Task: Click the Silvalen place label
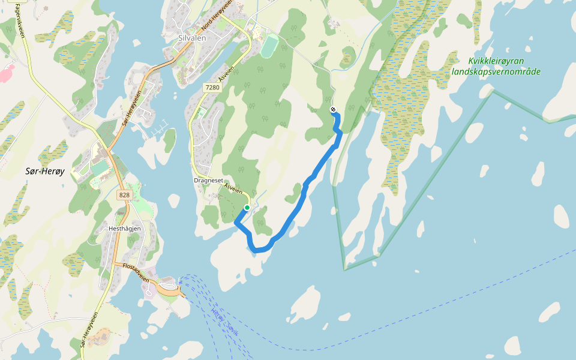pyautogui.click(x=193, y=37)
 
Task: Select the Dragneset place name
pyautogui.click(x=208, y=180)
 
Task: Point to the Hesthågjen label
pyautogui.click(x=125, y=229)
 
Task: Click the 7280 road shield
pyautogui.click(x=212, y=88)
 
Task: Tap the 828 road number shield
pyautogui.click(x=124, y=195)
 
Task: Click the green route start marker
pyautogui.click(x=247, y=208)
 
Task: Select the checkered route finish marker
pyautogui.click(x=333, y=109)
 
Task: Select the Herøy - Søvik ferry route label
pyautogui.click(x=225, y=321)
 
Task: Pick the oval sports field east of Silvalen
pyautogui.click(x=270, y=47)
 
